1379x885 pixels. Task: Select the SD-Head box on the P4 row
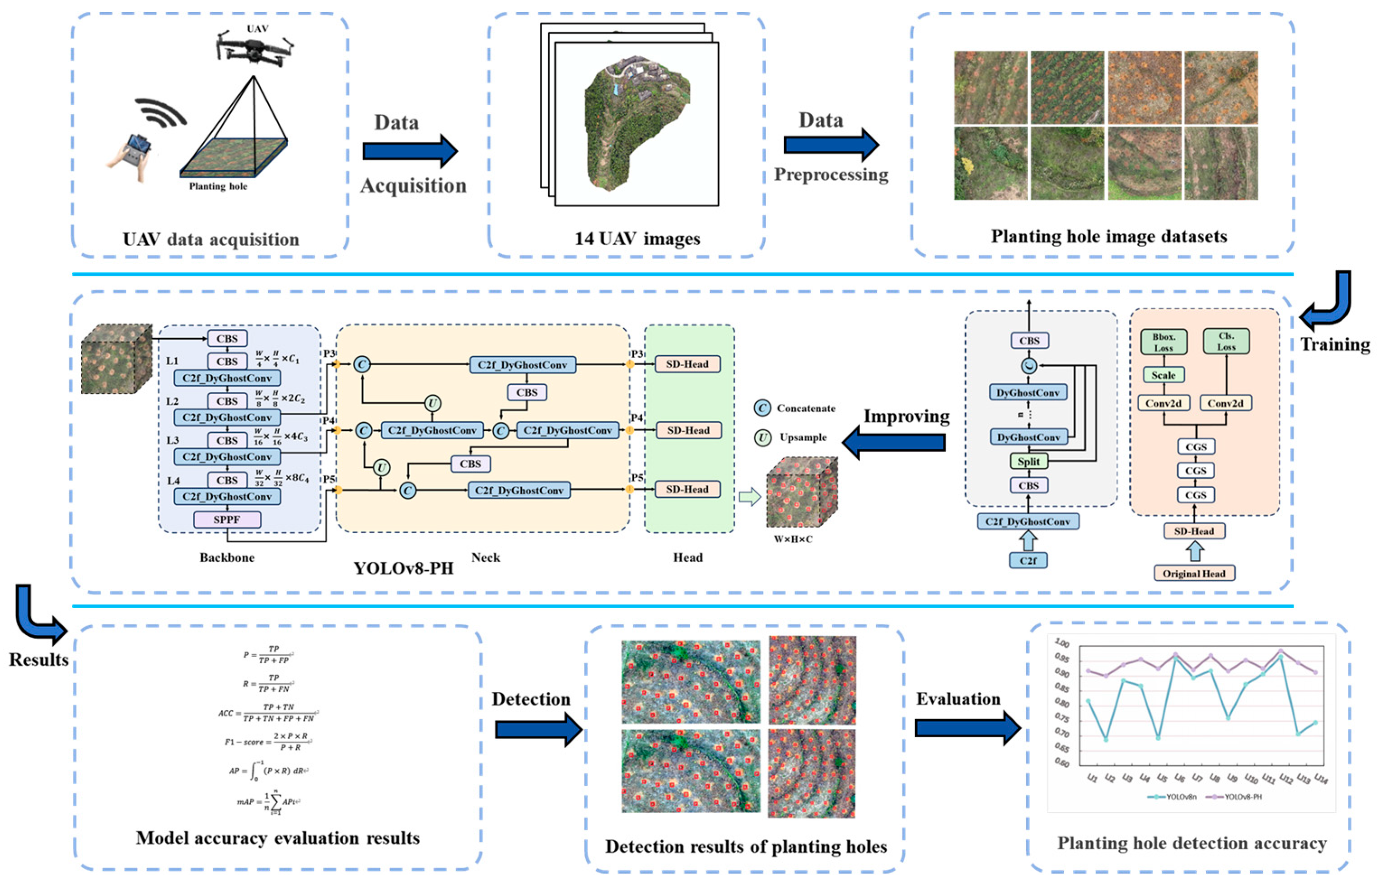tap(688, 430)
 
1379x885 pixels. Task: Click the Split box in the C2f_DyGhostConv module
tap(1028, 461)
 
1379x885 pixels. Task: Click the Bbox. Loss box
tap(1164, 342)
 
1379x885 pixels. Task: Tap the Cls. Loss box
tap(1226, 341)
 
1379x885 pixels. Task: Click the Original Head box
tap(1194, 573)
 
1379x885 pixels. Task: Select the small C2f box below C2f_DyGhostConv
tap(1028, 560)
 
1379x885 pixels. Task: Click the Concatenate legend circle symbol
tap(762, 408)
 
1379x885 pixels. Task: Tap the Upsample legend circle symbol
tap(762, 438)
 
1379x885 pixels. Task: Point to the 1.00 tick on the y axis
tap(1062, 643)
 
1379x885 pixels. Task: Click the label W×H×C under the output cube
tap(793, 539)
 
